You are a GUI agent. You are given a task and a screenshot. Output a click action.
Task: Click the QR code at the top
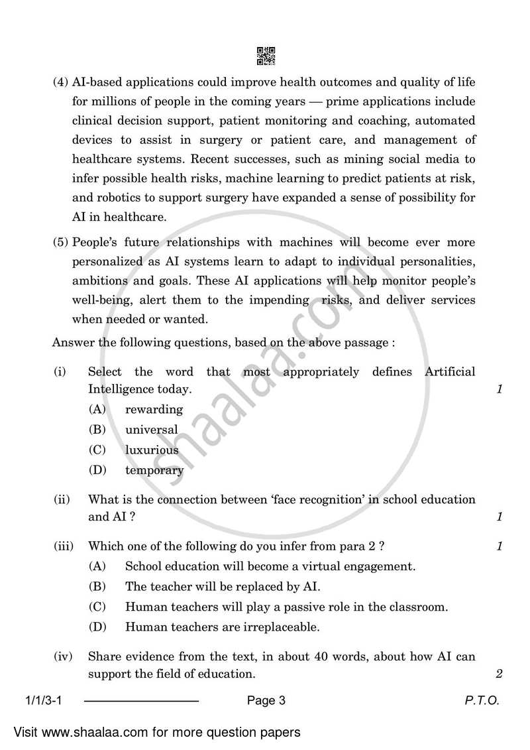[265, 56]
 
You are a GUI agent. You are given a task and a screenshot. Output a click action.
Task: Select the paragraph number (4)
[61, 83]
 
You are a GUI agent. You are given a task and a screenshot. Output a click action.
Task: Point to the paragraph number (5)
[61, 243]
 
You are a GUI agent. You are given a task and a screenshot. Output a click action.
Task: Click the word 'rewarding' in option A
[154, 409]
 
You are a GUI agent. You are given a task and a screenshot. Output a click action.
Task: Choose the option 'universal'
[151, 430]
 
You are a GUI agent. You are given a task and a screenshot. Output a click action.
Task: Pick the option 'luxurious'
[152, 450]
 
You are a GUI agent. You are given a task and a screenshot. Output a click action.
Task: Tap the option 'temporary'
[154, 470]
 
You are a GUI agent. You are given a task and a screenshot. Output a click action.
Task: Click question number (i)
[60, 372]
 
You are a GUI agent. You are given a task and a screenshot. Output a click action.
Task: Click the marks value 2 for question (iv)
[499, 674]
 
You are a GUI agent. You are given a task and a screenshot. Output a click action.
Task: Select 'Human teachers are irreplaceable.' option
[222, 627]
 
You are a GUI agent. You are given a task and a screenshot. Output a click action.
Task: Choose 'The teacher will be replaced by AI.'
[223, 587]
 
